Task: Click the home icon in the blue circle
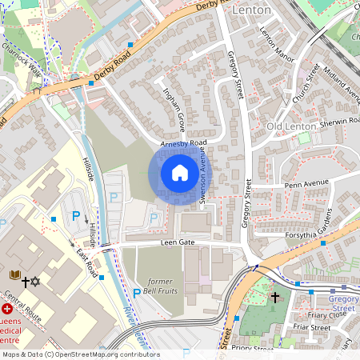tap(180, 173)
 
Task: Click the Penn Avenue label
tap(307, 185)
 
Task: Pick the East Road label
tap(86, 261)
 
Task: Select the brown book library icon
tap(14, 275)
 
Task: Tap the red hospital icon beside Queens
tap(7, 308)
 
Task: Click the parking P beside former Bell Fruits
tap(136, 294)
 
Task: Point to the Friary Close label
tap(307, 314)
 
